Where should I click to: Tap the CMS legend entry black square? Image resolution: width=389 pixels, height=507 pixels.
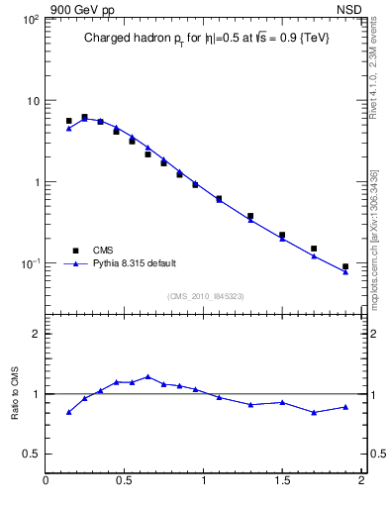[75, 251]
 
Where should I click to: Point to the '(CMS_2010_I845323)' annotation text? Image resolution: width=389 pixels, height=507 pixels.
[205, 295]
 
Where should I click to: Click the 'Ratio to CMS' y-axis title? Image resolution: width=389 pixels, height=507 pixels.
[17, 393]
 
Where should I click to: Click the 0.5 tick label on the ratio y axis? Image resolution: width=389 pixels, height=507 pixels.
[31, 454]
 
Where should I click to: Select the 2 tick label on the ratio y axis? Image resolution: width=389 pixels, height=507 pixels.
[35, 334]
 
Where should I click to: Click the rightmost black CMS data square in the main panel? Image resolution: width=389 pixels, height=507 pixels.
[345, 266]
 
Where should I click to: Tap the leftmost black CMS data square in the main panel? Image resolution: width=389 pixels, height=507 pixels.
[69, 121]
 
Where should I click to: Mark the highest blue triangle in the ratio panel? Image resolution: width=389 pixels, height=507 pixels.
[147, 376]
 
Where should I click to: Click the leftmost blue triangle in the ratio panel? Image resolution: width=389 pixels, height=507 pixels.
[69, 412]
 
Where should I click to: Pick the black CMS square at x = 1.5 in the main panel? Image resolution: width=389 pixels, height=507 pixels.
[282, 235]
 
